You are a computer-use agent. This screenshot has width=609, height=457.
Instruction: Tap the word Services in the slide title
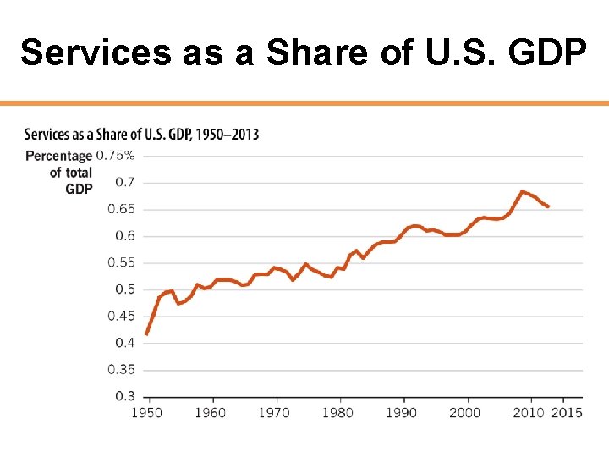click(96, 52)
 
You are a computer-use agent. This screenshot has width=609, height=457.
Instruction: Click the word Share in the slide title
click(315, 52)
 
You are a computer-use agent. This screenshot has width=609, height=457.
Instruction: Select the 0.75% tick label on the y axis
click(115, 155)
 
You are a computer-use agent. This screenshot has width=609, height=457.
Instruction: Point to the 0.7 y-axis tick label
click(124, 182)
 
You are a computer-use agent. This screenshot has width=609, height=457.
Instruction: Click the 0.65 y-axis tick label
click(121, 209)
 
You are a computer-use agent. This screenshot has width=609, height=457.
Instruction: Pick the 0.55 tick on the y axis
click(121, 262)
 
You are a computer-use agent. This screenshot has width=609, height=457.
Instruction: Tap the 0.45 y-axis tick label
click(121, 316)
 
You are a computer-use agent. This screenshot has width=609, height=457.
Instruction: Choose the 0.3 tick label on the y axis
click(124, 395)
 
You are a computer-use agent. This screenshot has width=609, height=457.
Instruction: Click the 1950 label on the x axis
click(146, 412)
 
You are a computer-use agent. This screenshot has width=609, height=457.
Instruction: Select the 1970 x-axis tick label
click(274, 412)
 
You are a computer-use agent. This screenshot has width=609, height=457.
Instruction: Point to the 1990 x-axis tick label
click(402, 412)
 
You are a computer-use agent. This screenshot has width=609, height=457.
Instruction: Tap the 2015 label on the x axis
click(567, 412)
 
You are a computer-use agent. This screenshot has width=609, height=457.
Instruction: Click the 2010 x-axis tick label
click(529, 412)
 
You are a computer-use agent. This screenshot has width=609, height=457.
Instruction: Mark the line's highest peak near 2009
click(523, 191)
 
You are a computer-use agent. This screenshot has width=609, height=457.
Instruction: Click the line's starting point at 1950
click(146, 334)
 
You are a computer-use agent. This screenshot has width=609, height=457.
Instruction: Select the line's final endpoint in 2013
click(548, 206)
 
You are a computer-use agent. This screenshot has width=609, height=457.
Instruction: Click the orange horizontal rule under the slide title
click(304, 103)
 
